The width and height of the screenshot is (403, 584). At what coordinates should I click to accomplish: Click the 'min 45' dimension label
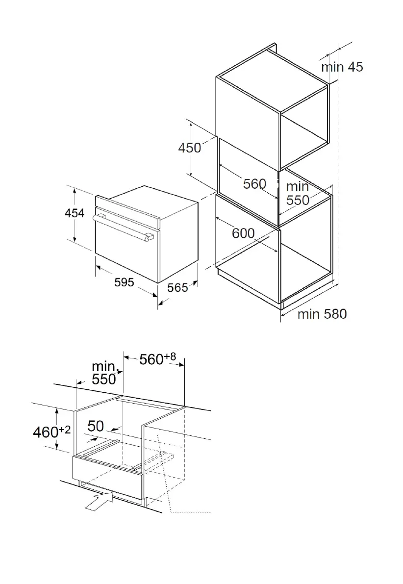[x=342, y=67]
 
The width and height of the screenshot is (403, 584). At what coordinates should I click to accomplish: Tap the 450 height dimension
[x=189, y=147]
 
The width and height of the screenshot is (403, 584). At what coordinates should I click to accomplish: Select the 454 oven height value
[x=75, y=213]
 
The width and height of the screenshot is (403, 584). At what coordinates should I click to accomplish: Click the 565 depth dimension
[x=177, y=288]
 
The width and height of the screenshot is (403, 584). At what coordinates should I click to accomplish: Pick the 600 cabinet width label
[x=243, y=233]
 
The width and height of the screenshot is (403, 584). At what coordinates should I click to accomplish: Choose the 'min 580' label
[x=322, y=314]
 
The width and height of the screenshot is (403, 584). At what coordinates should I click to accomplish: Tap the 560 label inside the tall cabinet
[x=254, y=184]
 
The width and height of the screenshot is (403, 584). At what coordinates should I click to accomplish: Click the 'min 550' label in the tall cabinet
[x=298, y=193]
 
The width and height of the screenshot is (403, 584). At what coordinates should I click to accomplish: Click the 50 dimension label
[x=96, y=427]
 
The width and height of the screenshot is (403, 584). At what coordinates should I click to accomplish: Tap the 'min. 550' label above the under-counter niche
[x=104, y=373]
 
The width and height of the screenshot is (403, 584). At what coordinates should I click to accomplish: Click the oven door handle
[x=123, y=227]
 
